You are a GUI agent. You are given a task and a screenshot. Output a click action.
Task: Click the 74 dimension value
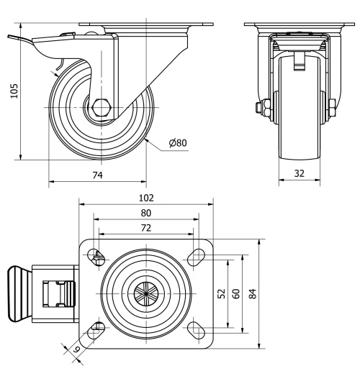click(96, 175)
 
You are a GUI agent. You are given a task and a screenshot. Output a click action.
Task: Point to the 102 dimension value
click(145, 197)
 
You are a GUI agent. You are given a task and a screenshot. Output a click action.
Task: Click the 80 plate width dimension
click(145, 213)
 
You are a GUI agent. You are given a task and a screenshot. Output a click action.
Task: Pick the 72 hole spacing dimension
click(145, 228)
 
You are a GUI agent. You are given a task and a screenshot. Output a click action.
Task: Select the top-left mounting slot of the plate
click(95, 255)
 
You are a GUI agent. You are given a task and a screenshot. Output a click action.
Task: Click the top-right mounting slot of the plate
click(196, 255)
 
